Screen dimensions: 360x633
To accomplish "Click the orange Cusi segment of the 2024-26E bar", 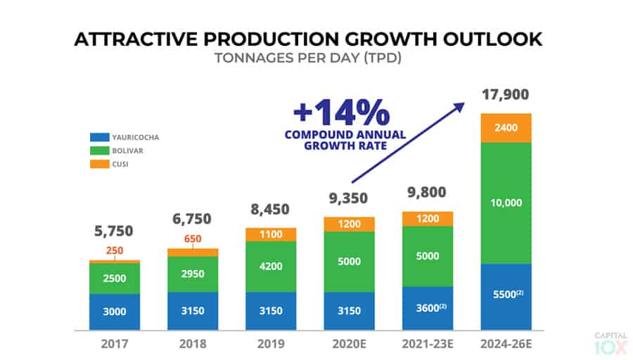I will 506,128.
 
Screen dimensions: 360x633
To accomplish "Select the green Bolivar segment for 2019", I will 271,266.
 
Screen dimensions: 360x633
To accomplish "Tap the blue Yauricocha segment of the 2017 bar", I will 115,312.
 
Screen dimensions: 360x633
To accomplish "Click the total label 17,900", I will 506,94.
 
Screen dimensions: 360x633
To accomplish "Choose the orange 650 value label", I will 193,238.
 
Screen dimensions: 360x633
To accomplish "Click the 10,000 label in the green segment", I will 506,203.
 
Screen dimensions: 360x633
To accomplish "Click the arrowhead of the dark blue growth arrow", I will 460,105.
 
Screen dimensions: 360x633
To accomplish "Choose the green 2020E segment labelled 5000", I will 349,262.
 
